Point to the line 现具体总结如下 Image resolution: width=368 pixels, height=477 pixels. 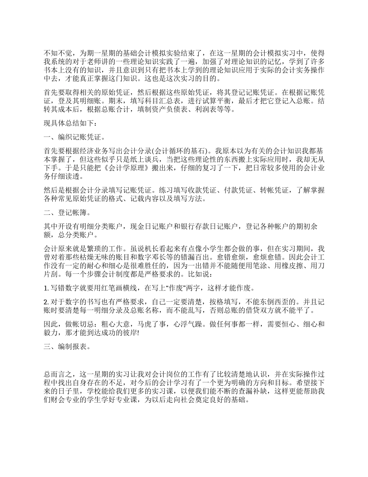68,124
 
